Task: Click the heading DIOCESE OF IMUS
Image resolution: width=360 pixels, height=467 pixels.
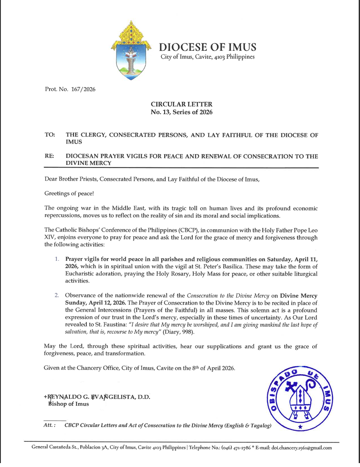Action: pos(206,47)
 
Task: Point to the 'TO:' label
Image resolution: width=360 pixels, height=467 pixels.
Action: pos(50,135)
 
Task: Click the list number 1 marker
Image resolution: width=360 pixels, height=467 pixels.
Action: pos(56,259)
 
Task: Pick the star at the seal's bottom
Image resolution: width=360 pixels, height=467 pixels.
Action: pos(300,428)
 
